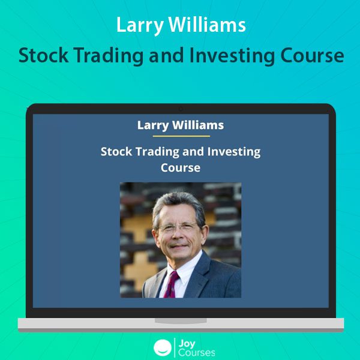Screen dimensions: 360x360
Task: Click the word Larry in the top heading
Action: point(140,25)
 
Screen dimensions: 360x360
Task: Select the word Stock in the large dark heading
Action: point(43,55)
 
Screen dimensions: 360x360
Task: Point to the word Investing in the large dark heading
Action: point(232,56)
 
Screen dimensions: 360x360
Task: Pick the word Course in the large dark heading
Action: point(312,56)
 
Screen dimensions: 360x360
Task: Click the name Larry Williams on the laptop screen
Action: point(181,125)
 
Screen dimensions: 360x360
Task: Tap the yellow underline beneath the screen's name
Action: point(181,136)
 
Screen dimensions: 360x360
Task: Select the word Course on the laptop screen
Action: point(181,167)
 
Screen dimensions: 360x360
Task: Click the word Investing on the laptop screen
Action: point(234,152)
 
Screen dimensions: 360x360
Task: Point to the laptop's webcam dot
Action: point(181,109)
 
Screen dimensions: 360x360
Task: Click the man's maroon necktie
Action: point(172,284)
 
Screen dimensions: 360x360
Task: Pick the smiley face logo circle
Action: point(163,347)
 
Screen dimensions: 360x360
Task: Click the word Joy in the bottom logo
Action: point(187,344)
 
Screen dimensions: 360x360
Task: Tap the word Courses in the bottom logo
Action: point(197,353)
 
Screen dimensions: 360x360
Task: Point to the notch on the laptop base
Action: point(181,321)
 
